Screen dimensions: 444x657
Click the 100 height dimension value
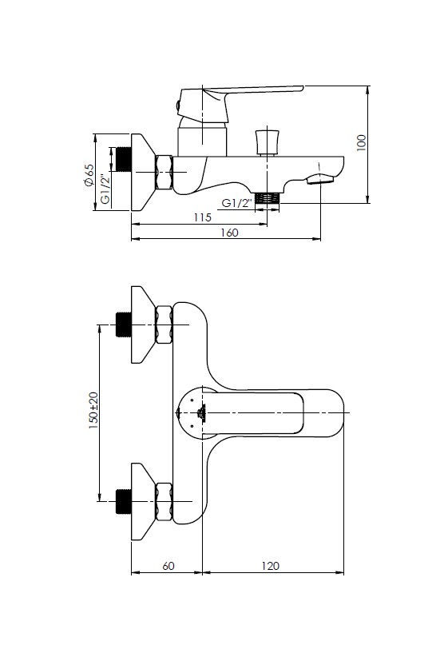(x=362, y=143)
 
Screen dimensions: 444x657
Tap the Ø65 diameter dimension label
(x=89, y=175)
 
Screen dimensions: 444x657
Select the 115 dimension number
(x=203, y=217)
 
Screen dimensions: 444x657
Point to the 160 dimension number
(x=229, y=233)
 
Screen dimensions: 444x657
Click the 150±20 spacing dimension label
(x=93, y=410)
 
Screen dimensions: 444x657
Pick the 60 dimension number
(x=168, y=566)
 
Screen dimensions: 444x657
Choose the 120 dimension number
(x=271, y=566)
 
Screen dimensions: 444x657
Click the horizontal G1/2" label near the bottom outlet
(x=237, y=203)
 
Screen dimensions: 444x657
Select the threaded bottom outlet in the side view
(x=268, y=197)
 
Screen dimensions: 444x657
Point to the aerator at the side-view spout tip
(x=320, y=180)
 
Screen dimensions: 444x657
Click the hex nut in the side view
(x=164, y=172)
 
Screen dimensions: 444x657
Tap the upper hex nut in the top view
(x=164, y=325)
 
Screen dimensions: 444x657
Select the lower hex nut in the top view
(x=164, y=501)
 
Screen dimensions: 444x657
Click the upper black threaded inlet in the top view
(x=124, y=325)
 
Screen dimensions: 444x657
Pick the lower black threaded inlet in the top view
(x=124, y=501)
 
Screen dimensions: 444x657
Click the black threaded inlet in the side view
(x=124, y=159)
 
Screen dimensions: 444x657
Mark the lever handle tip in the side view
(x=302, y=88)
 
